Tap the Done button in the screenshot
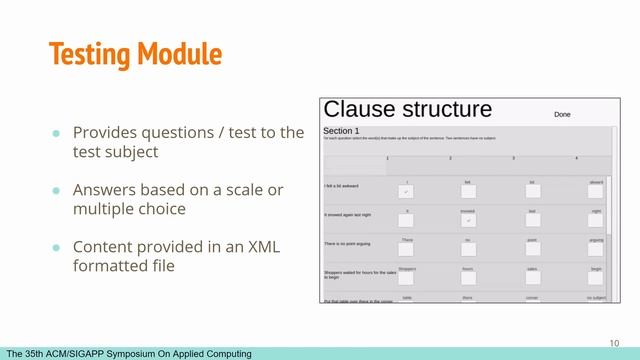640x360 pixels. [562, 115]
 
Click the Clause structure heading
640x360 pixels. [408, 110]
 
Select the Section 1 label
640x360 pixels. [341, 131]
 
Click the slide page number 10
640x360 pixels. [615, 340]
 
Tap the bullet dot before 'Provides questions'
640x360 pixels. [57, 133]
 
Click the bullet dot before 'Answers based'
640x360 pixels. [57, 190]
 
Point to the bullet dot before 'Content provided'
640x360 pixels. [57, 247]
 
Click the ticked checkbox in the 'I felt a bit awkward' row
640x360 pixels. [407, 191]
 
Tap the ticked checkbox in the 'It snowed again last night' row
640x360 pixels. [470, 219]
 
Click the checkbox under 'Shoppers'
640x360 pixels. [407, 277]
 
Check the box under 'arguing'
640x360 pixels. [596, 248]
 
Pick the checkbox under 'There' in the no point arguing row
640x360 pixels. [407, 248]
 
